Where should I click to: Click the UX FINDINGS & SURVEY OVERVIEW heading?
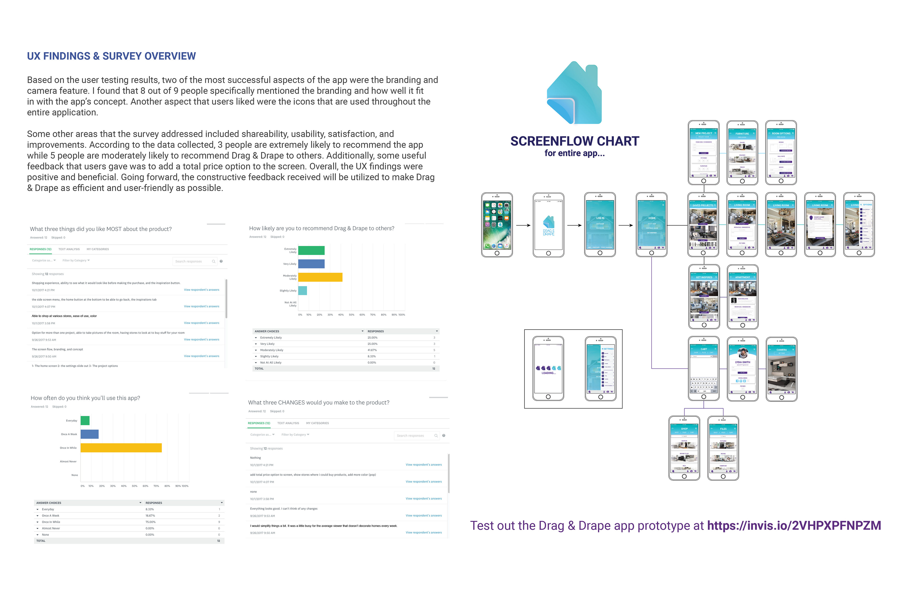pos(111,56)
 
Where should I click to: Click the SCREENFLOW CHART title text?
pos(575,142)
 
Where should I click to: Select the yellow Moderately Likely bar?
pos(320,277)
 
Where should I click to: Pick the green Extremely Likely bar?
pos(311,250)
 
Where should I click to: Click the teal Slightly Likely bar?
pos(303,290)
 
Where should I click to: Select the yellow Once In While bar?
pos(121,448)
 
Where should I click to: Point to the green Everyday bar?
pos(85,420)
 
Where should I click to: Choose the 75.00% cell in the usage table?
pos(151,522)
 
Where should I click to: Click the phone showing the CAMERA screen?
pos(782,369)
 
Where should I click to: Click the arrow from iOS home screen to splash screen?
pos(523,225)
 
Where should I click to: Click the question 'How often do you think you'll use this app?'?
pos(85,398)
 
